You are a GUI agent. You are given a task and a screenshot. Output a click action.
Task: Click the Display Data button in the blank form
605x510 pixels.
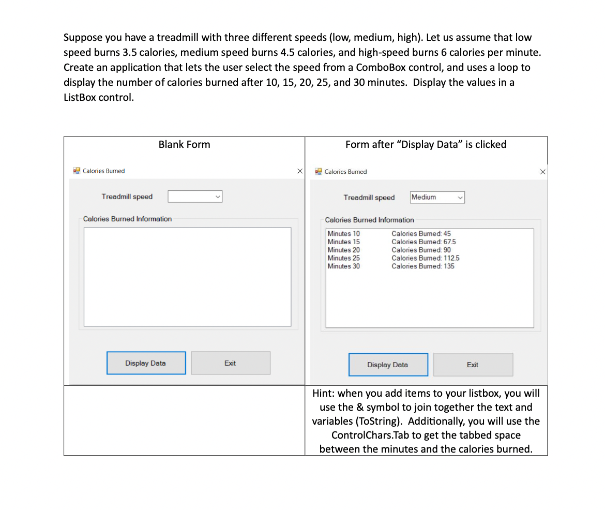[x=146, y=363]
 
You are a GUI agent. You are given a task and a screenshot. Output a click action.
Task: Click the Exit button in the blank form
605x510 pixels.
[x=231, y=363]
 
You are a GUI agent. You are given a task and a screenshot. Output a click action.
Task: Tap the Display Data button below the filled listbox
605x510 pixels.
[x=388, y=365]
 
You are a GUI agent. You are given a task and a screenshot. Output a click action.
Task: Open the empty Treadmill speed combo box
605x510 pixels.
[x=195, y=197]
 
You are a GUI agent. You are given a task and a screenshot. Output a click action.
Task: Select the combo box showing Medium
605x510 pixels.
[x=437, y=197]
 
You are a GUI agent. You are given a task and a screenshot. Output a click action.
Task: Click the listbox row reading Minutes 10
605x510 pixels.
[x=344, y=234]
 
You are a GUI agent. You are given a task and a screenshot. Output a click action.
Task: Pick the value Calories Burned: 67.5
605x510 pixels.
[x=424, y=242]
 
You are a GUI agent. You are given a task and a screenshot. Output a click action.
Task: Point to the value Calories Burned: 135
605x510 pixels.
[x=422, y=266]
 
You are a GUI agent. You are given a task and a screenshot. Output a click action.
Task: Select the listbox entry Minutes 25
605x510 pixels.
[x=344, y=258]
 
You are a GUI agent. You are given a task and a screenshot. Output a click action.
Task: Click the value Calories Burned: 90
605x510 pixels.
[x=421, y=250]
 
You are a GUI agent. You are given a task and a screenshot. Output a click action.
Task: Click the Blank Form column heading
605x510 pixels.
[x=184, y=144]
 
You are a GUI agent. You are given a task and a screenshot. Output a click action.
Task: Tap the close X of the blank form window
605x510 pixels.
[x=299, y=171]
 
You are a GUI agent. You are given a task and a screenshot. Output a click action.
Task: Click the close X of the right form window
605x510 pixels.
[x=542, y=172]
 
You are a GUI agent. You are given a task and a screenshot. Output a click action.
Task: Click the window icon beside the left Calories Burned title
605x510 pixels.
[x=77, y=171]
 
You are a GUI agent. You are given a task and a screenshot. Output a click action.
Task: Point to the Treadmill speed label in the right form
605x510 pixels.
[x=369, y=198]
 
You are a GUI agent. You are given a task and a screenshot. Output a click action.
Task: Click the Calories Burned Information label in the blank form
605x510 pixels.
[x=127, y=219]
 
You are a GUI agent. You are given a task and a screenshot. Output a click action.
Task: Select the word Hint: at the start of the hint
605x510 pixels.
[x=324, y=393]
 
